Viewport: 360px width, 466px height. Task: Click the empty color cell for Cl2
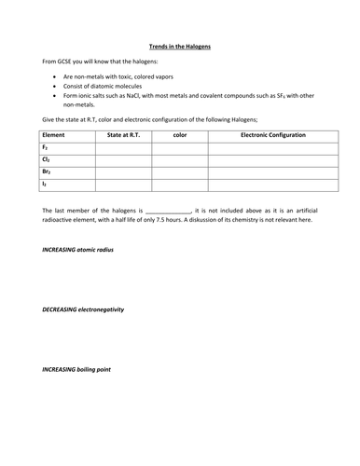pyautogui.click(x=180, y=159)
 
